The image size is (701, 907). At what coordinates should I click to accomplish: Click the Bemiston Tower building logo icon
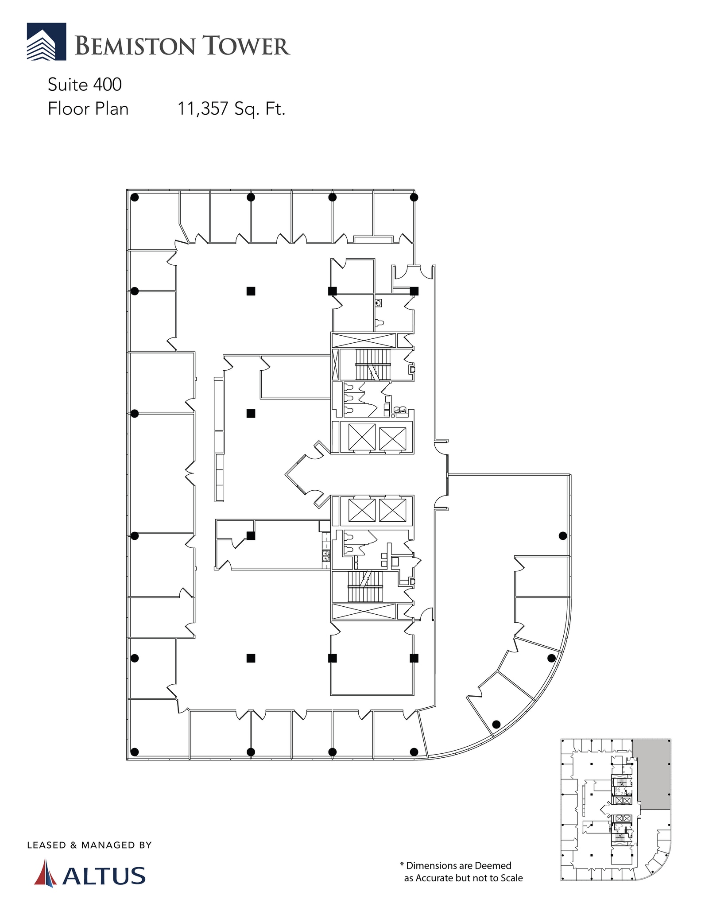coord(46,42)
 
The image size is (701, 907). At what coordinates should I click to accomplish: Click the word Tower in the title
coord(246,46)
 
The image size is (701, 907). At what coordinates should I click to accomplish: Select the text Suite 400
coord(85,85)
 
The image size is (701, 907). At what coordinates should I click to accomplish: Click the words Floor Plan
coord(88,109)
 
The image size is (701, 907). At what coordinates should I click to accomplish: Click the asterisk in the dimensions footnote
coord(402,865)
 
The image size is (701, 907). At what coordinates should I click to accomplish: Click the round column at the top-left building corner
coord(135,198)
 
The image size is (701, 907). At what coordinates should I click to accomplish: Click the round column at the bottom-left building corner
coord(135,752)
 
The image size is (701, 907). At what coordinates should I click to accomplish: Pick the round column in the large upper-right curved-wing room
coord(563,536)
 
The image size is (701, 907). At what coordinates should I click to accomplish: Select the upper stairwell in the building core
coord(373,364)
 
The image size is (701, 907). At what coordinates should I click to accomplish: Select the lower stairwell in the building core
coord(365,587)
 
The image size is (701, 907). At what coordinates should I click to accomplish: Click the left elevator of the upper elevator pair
coord(362,437)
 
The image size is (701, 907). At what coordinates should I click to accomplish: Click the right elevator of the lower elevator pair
coord(392,510)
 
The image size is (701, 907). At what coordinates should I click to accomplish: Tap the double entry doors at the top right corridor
coord(414,272)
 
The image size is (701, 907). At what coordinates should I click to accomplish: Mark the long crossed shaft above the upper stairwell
coord(364,341)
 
